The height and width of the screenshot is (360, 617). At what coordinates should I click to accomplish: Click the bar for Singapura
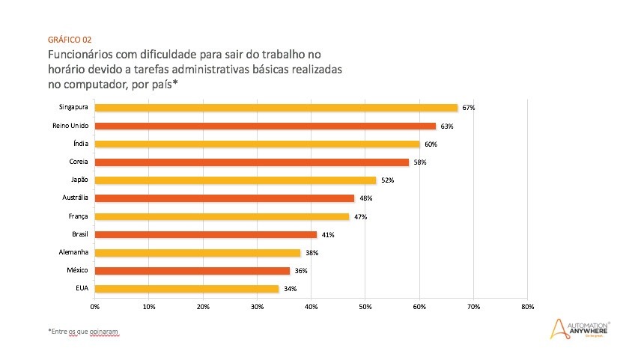[x=276, y=108]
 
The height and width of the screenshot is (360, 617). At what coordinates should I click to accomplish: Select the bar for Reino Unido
[x=265, y=126]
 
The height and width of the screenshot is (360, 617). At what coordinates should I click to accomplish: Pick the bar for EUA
[x=186, y=288]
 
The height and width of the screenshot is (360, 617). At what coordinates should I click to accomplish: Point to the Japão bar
[x=235, y=180]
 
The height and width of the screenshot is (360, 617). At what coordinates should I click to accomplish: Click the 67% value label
[x=469, y=108]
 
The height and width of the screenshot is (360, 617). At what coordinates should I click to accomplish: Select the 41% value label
[x=328, y=234]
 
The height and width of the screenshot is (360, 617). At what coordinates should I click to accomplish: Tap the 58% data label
[x=419, y=162]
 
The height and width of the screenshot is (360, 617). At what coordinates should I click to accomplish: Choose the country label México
[x=77, y=270]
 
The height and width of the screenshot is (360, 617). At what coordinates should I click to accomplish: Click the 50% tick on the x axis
[x=365, y=307]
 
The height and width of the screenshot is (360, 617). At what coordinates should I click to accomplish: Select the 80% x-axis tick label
[x=526, y=307]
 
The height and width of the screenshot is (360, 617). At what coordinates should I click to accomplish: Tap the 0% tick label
[x=95, y=307]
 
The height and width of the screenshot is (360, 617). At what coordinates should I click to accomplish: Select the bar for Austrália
[x=224, y=198]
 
